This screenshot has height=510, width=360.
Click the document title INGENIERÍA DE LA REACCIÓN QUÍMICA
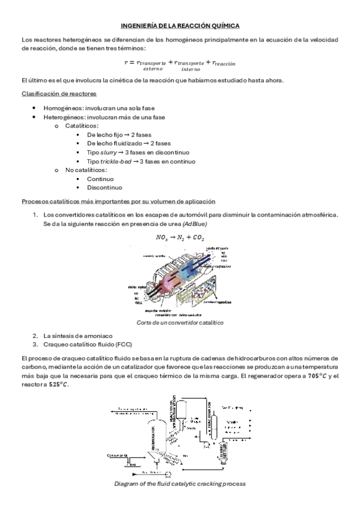pos(180,26)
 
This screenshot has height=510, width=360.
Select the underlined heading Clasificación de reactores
pos(59,94)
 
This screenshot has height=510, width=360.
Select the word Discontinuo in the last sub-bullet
pos(104,188)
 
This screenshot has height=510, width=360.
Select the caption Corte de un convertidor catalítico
pos(180,322)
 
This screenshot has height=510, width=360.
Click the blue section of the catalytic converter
pos(198,271)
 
